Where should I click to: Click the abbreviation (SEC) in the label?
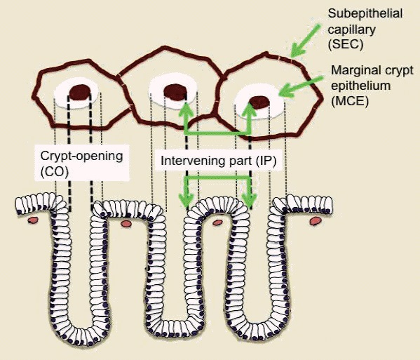pos(346,44)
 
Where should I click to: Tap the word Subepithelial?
pos(365,13)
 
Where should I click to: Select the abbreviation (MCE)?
pos(350,101)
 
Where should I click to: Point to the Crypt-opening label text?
pos(82,156)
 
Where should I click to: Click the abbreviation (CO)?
pos(55,171)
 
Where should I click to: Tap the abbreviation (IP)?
pos(266,161)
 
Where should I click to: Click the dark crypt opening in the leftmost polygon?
pos(79,93)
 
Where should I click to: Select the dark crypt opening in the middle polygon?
pos(175,91)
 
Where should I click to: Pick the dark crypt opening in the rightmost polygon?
pos(259,102)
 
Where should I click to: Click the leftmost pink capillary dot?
pos(33,220)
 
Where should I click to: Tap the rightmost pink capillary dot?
pos(316,221)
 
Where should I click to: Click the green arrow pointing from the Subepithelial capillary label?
pos(305,41)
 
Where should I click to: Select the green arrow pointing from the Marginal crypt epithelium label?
pos(301,86)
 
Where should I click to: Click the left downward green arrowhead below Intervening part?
pos(187,200)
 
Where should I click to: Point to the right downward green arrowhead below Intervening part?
pos(250,201)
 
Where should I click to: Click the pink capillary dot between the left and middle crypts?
pos(126,223)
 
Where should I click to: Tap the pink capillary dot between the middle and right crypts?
pos(217,222)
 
